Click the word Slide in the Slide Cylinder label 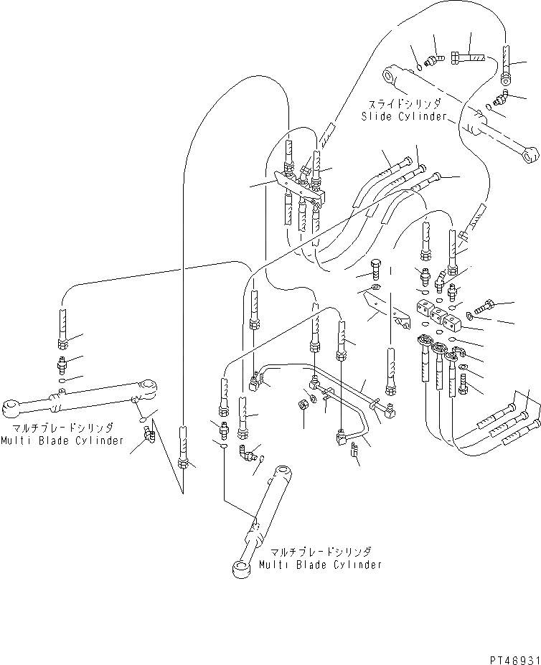point(375,116)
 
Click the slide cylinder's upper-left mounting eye point(391,74)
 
